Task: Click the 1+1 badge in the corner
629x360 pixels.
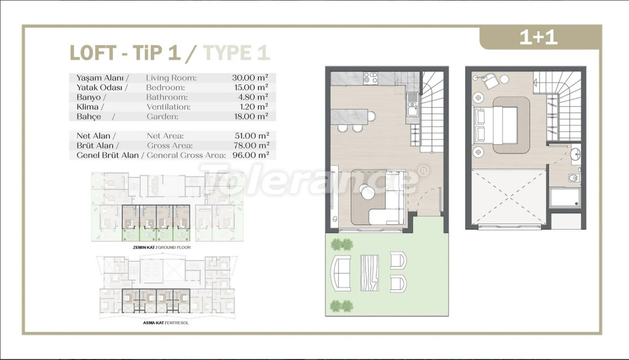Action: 538,37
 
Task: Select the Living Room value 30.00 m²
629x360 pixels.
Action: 250,78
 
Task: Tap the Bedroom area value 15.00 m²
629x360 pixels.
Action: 251,88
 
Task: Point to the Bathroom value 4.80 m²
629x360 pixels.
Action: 253,97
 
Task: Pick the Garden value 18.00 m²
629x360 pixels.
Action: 251,116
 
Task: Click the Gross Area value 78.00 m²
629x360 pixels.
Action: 251,146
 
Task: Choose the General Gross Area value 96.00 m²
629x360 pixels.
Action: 251,155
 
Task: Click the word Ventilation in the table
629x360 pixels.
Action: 168,107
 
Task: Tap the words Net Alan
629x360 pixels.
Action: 93,136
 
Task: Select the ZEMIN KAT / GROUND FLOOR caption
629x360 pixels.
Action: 161,247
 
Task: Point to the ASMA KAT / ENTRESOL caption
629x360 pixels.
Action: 166,323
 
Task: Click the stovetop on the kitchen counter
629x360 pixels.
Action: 371,79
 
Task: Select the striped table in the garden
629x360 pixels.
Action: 369,272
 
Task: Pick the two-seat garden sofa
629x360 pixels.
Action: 341,273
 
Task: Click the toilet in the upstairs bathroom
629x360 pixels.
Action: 573,178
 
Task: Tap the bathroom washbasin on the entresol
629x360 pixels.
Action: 576,154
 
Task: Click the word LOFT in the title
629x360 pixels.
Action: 93,53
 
